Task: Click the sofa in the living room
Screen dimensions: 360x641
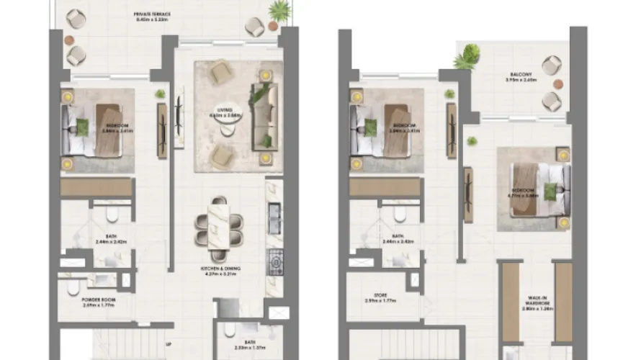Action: (260, 116)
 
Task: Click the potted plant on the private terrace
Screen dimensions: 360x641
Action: (277, 12)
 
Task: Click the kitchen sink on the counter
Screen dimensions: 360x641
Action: (274, 214)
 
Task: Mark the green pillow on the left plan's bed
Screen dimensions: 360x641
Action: (83, 127)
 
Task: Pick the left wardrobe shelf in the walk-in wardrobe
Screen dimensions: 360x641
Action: (510, 302)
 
